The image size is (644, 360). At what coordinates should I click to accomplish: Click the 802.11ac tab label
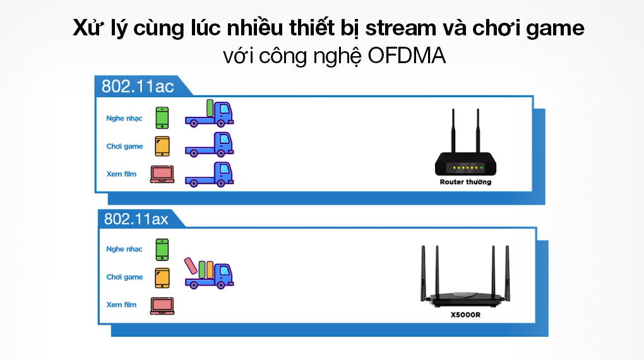coord(133,86)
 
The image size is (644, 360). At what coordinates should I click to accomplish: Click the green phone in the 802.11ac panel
coord(162,117)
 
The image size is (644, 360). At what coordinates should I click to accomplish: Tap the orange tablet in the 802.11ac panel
coord(162,146)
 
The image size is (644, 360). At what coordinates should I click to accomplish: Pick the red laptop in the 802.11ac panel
coord(162,174)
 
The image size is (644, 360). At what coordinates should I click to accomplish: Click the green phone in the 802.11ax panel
coord(162,248)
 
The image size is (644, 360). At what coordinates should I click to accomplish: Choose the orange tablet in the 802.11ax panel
coord(162,277)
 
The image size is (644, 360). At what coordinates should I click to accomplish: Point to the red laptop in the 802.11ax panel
coord(162,305)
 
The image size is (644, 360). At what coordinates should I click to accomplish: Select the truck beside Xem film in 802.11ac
coord(210,174)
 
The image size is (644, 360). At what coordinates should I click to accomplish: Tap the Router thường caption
coord(465,182)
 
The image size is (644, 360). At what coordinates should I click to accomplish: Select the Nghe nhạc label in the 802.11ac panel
coord(124,118)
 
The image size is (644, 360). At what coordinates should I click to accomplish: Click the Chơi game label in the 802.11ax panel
coord(124,277)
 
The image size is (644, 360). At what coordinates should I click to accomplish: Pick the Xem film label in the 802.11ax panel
coord(122,305)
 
